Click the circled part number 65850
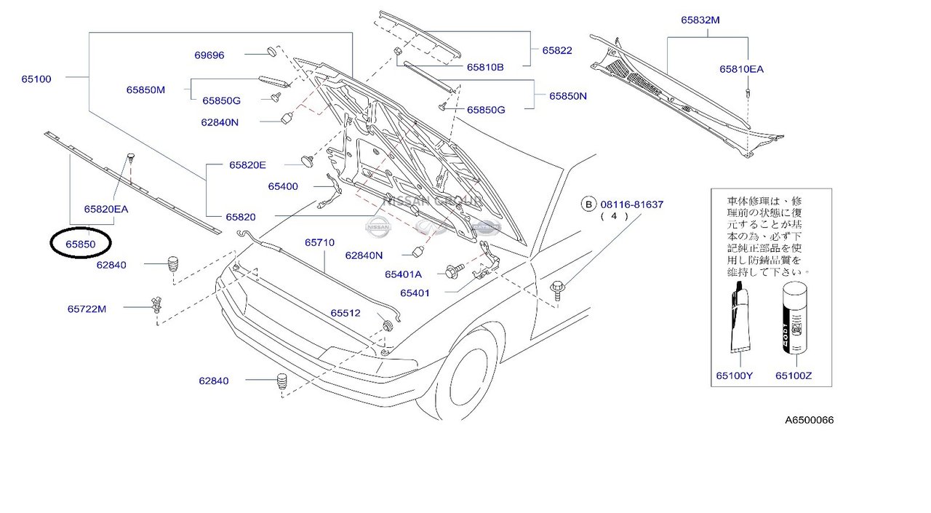pyautogui.click(x=80, y=245)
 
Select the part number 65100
pyautogui.click(x=36, y=79)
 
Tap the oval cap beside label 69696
pyautogui.click(x=271, y=52)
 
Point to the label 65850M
pyautogui.click(x=145, y=90)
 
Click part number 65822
pyautogui.click(x=556, y=50)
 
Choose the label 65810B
pyautogui.click(x=485, y=67)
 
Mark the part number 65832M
pyautogui.click(x=700, y=20)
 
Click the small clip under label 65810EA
pyautogui.click(x=748, y=92)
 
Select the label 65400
pyautogui.click(x=283, y=186)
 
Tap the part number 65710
pyautogui.click(x=319, y=242)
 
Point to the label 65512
pyautogui.click(x=345, y=313)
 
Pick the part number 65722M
pyautogui.click(x=87, y=309)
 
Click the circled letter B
pyautogui.click(x=587, y=204)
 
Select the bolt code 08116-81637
pyautogui.click(x=631, y=204)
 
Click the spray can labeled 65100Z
pyautogui.click(x=794, y=319)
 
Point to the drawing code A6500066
pyautogui.click(x=809, y=420)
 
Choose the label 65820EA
pyautogui.click(x=106, y=209)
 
